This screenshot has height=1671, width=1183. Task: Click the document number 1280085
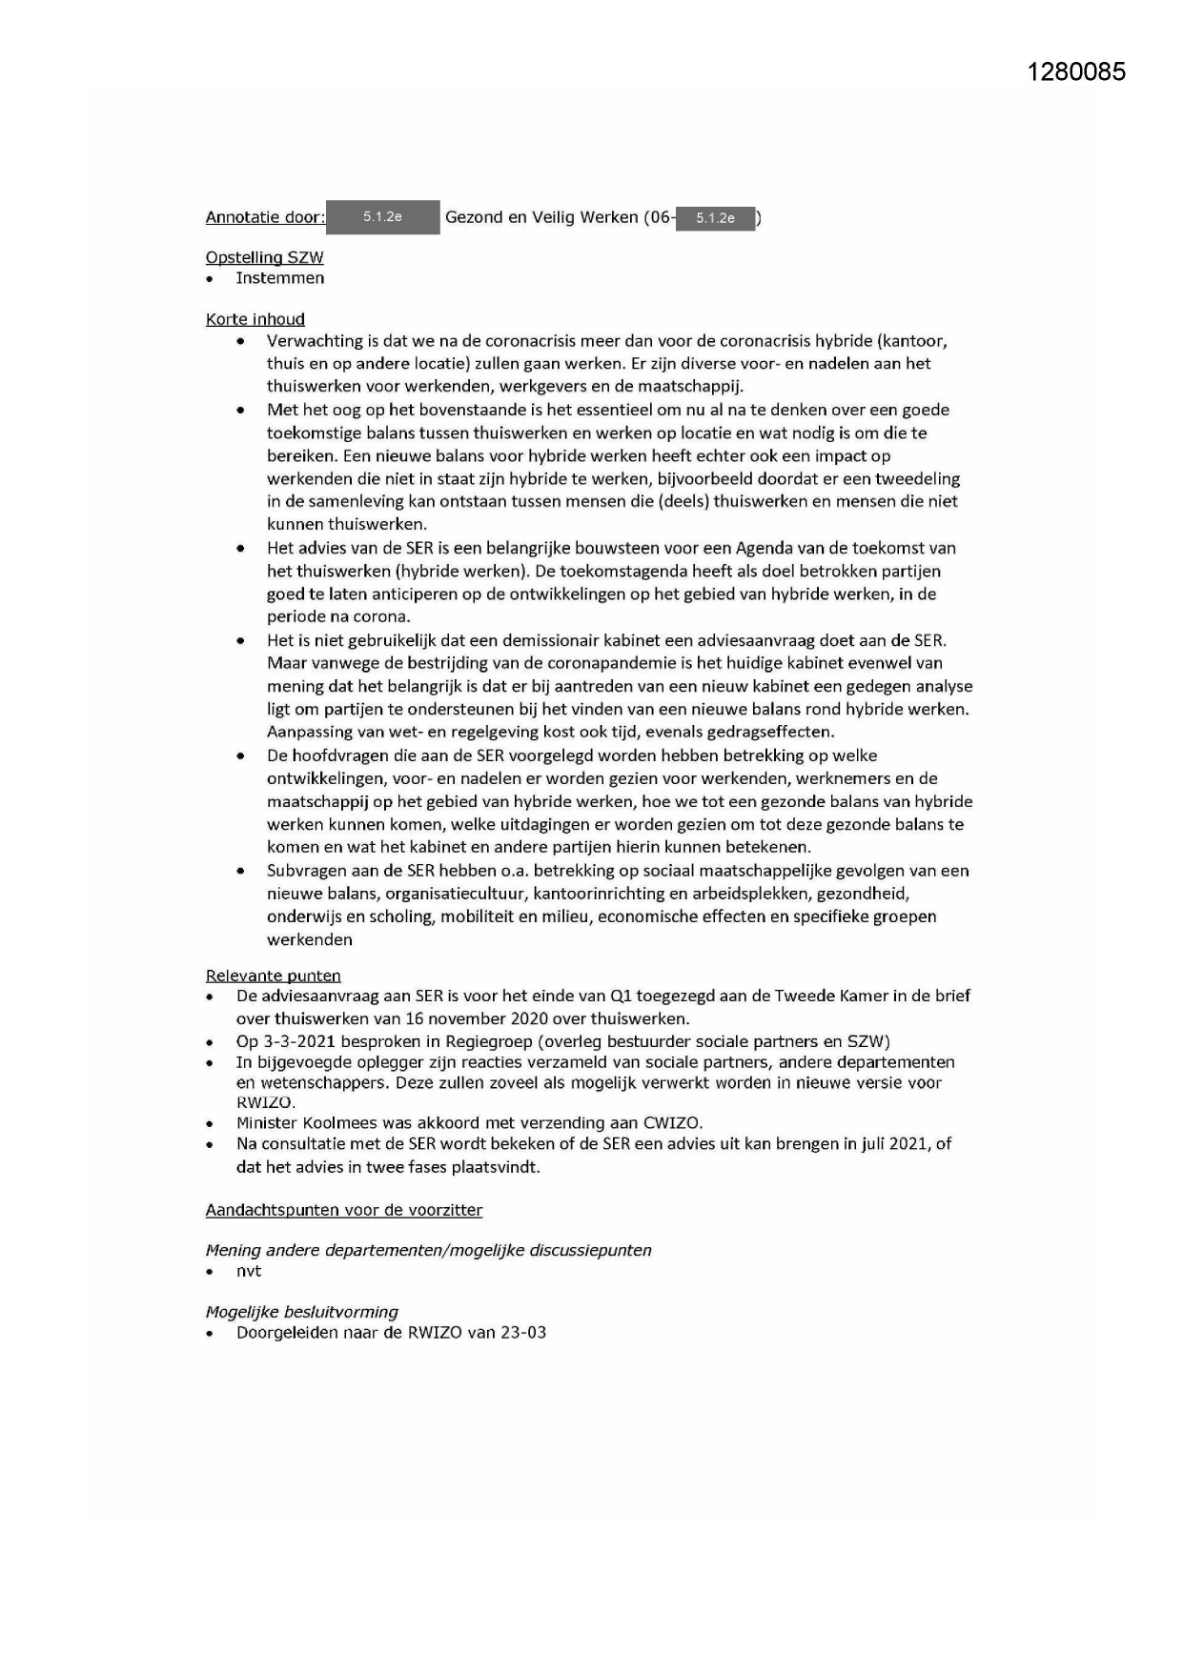[x=1076, y=71]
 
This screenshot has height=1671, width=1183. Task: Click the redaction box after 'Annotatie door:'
[x=382, y=217]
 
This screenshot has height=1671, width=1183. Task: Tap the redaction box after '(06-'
[x=715, y=218]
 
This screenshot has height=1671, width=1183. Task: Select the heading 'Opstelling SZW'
[x=264, y=257]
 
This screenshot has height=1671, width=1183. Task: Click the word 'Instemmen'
[x=279, y=278]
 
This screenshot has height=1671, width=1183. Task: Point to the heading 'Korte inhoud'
[x=255, y=319]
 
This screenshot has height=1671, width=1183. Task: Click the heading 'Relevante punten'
[x=273, y=976]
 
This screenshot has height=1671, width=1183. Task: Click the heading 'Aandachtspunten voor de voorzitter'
[x=343, y=1210]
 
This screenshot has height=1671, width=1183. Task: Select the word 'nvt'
[x=248, y=1271]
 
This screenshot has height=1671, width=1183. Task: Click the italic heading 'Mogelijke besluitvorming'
[x=301, y=1312]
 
